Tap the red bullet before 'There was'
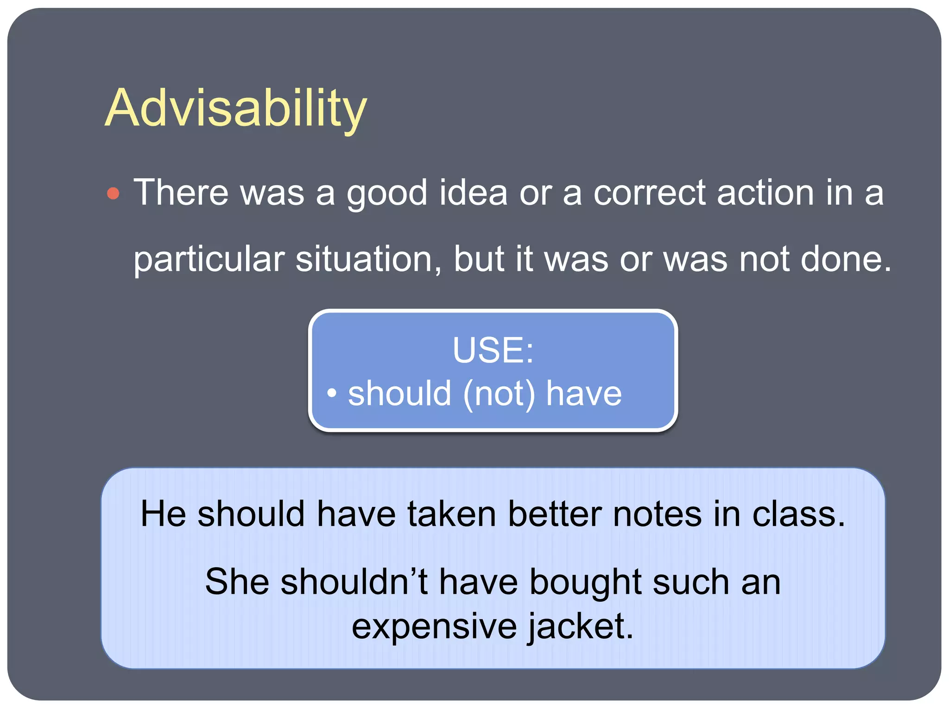(x=113, y=193)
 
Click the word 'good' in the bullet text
(x=387, y=193)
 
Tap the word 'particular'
(x=209, y=260)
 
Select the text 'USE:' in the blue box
(x=493, y=350)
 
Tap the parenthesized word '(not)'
(x=499, y=394)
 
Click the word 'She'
(x=237, y=581)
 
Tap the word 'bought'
(x=585, y=582)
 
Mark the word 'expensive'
(x=434, y=627)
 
